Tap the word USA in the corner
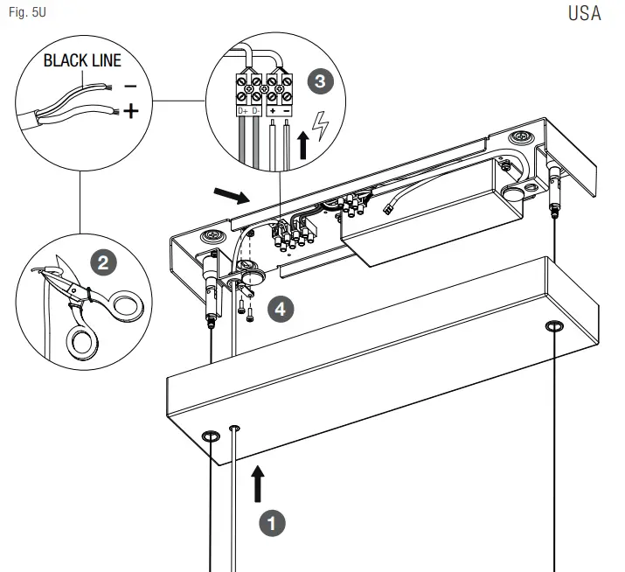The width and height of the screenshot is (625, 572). click(x=584, y=16)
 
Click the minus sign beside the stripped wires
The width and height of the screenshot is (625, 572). click(x=129, y=87)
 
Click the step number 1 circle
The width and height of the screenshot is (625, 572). click(x=274, y=522)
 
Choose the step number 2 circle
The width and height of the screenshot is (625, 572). click(x=102, y=262)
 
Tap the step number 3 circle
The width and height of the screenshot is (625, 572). click(x=321, y=81)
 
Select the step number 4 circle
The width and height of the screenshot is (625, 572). click(x=278, y=307)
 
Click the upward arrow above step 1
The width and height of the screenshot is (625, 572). click(x=259, y=484)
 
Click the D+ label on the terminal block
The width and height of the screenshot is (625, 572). click(x=240, y=112)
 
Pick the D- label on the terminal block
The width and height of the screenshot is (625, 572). click(x=256, y=112)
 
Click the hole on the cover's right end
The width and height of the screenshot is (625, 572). click(x=553, y=327)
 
